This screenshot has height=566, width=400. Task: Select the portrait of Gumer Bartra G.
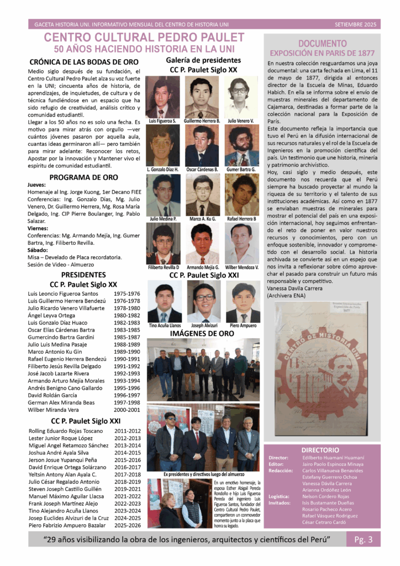click(x=241, y=145)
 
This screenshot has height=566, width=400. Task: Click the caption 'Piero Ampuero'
click(x=243, y=326)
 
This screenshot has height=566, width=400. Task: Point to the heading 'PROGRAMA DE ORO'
click(x=83, y=177)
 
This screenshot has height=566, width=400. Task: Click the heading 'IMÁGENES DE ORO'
click(x=202, y=334)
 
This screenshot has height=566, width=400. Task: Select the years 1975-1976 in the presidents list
click(x=127, y=294)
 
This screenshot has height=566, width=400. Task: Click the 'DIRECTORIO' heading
click(x=321, y=450)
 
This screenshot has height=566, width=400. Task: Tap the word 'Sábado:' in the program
click(x=39, y=250)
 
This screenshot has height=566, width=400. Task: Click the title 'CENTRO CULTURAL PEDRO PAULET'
click(x=144, y=38)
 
